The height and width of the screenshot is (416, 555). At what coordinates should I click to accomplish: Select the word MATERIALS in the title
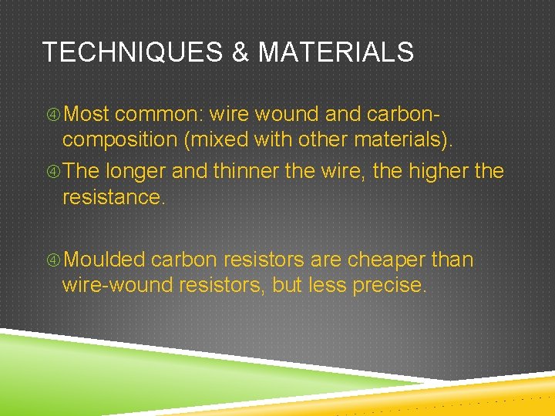pyautogui.click(x=336, y=53)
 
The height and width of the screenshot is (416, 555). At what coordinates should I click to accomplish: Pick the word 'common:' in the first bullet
pyautogui.click(x=157, y=115)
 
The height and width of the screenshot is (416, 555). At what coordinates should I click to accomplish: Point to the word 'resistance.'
pyautogui.click(x=113, y=197)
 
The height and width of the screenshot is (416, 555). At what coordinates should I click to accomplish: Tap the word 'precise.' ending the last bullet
pyautogui.click(x=388, y=287)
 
